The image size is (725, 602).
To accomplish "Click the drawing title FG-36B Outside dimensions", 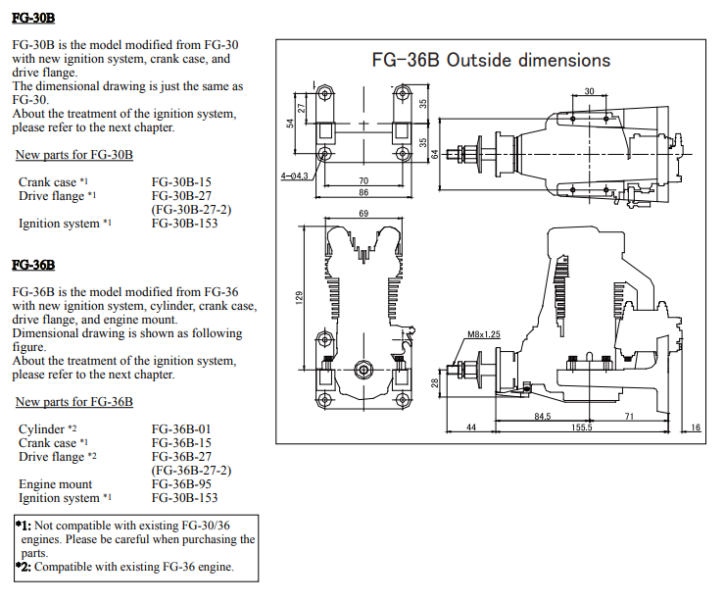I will (x=491, y=61).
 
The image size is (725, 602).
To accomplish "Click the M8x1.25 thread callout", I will (x=484, y=333).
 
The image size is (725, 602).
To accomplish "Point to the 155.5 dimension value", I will (x=582, y=427).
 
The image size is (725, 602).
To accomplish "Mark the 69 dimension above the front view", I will (x=362, y=213).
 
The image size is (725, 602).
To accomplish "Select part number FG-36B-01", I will (x=181, y=429).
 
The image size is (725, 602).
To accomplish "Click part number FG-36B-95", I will (x=181, y=484).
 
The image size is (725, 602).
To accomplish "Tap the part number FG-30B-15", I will (x=181, y=182).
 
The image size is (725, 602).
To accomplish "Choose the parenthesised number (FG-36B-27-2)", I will (x=191, y=471).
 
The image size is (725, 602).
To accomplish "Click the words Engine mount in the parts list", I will (x=55, y=484).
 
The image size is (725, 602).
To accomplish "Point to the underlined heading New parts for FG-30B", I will (x=74, y=155).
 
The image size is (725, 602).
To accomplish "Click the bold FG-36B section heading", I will (x=33, y=265).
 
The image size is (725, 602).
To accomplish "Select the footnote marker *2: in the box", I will (x=24, y=567).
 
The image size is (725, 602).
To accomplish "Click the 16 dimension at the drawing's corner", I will (x=696, y=427).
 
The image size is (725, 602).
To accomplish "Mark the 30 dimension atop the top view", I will (x=589, y=91).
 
